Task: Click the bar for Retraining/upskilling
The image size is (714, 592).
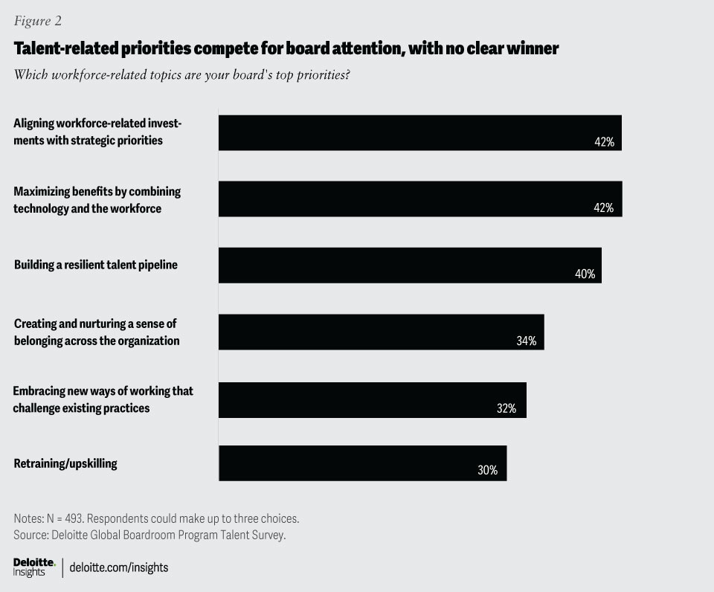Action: tap(362, 463)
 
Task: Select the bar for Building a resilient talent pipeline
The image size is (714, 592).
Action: tap(409, 266)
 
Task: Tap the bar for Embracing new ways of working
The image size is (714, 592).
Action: tap(372, 400)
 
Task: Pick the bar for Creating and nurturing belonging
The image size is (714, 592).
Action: tap(381, 332)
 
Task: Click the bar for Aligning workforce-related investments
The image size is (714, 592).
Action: tap(419, 132)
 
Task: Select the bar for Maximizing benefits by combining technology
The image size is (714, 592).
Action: tap(419, 199)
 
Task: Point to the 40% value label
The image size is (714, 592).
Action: tap(585, 274)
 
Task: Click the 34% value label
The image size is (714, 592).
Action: tap(527, 341)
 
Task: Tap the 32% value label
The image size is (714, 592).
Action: tap(506, 408)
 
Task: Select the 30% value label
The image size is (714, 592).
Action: tap(487, 470)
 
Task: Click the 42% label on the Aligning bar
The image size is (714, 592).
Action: tap(604, 142)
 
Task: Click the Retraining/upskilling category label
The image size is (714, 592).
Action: tap(65, 464)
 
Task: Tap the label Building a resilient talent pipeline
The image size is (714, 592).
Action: tap(95, 264)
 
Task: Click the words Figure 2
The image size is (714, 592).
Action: tap(37, 21)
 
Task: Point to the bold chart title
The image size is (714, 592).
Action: tap(286, 49)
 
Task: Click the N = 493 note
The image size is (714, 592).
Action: tap(156, 518)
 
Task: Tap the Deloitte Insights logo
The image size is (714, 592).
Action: tap(34, 567)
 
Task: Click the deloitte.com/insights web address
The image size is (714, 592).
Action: tap(119, 567)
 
